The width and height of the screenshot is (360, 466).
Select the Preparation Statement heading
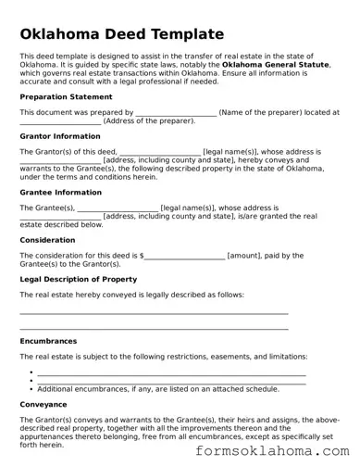pyautogui.click(x=67, y=96)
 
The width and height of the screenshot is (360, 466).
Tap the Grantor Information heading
pyautogui.click(x=60, y=135)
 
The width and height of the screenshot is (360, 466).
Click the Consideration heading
pyautogui.click(x=47, y=240)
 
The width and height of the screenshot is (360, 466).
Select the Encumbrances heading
pyautogui.click(x=49, y=341)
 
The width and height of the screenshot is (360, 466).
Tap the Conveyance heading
pyautogui.click(x=43, y=404)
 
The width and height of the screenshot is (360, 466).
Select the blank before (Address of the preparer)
pyautogui.click(x=60, y=122)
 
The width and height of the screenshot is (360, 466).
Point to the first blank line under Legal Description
pyautogui.click(x=154, y=313)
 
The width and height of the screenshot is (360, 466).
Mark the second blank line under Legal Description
pyautogui.click(x=154, y=327)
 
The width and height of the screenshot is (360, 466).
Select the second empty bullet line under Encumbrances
pyautogui.click(x=171, y=382)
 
